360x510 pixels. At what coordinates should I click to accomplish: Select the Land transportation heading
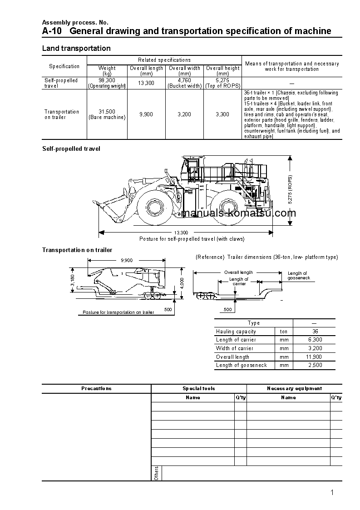click(x=76, y=48)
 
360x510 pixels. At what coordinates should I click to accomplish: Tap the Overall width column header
click(x=184, y=68)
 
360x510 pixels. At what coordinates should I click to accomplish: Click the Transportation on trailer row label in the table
click(x=62, y=114)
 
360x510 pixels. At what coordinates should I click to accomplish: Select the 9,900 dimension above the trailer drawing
click(x=127, y=260)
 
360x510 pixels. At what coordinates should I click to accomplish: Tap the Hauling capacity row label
click(x=236, y=332)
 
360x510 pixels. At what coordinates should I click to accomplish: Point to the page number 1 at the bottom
click(x=332, y=492)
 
